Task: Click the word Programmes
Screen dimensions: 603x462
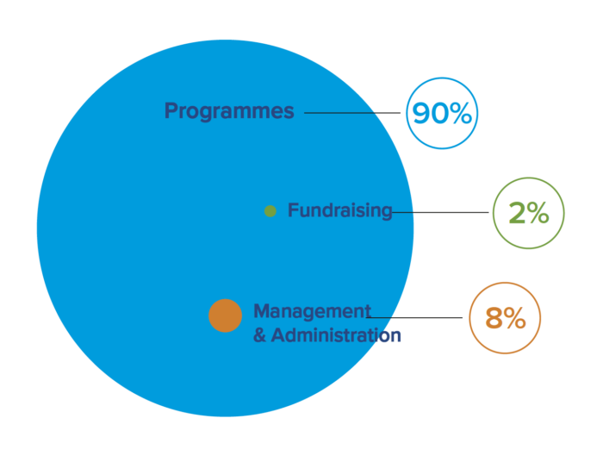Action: coord(229,111)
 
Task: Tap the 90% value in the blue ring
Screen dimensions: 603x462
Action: coord(442,113)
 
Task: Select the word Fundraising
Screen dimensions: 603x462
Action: coord(340,211)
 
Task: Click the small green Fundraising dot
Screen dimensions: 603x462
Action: coord(270,211)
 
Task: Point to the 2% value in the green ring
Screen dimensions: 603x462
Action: coord(529,213)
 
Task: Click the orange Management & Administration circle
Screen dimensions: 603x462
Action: coord(226,315)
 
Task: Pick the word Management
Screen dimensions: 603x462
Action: coord(312,311)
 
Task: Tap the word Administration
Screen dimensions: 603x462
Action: coord(336,335)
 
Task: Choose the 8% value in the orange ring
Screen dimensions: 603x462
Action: coord(505,318)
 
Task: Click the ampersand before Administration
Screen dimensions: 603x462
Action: coord(259,335)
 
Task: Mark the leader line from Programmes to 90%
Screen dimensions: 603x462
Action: coord(352,113)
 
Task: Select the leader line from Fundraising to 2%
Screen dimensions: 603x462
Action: coord(440,212)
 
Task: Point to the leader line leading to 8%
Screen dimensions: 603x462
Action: coord(414,317)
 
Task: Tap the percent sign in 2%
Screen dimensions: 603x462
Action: coord(538,213)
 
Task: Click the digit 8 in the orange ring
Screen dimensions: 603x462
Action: coord(494,318)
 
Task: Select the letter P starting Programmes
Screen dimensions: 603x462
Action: coord(171,110)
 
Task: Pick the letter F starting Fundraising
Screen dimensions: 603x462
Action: coord(294,210)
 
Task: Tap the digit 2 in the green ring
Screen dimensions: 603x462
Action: coord(517,214)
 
